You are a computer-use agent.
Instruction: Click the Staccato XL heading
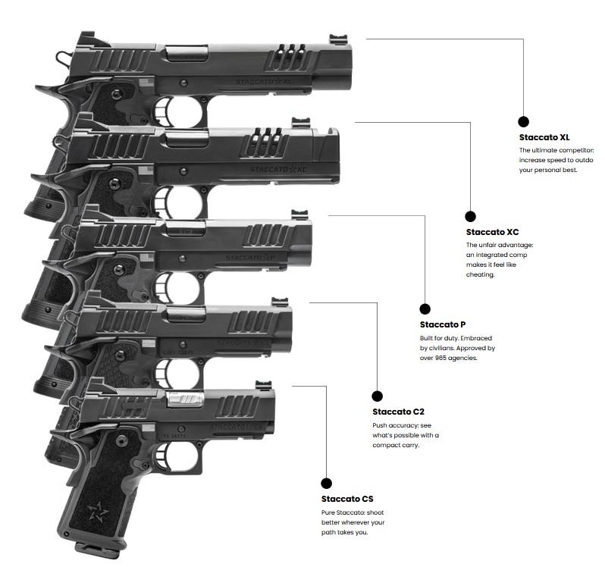coord(544,137)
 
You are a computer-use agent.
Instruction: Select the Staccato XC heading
coord(492,232)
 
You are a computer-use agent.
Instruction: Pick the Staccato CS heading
coord(347,499)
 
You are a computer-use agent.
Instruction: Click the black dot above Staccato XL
coord(523,121)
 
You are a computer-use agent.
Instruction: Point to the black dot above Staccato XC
coord(470,216)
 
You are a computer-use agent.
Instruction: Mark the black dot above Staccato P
coord(425,309)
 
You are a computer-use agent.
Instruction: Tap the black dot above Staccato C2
coord(377,396)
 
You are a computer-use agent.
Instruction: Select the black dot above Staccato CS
coord(327,483)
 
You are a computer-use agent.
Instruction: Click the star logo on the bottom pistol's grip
coord(99,510)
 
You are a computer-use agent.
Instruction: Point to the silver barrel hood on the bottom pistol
coord(186,397)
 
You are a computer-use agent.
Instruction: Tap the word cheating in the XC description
coord(480,274)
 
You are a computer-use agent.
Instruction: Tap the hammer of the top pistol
coord(59,56)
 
